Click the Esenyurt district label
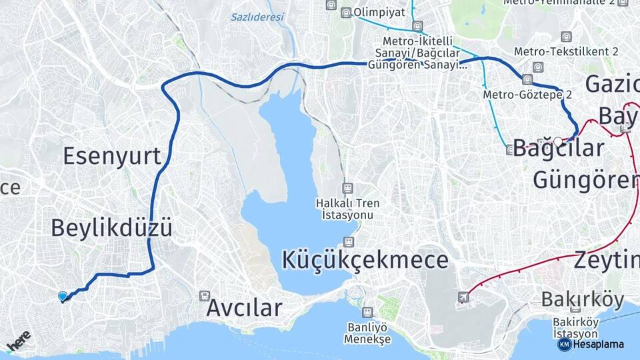(112, 156)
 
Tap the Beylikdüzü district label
(112, 229)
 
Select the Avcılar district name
(244, 308)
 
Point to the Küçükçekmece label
(364, 259)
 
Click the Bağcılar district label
(559, 148)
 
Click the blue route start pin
(63, 296)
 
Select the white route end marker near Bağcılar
(557, 141)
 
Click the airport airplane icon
(463, 297)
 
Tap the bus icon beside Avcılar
(205, 295)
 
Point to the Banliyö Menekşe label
(367, 332)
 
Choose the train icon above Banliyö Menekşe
(367, 312)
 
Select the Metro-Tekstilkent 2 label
(566, 51)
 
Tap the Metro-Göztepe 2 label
(528, 95)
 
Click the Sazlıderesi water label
(257, 17)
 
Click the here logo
(19, 341)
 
